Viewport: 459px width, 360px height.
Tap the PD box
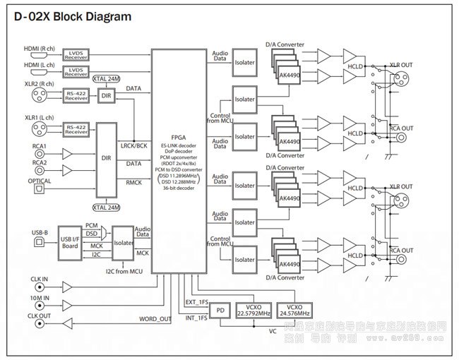pyautogui.click(x=221, y=310)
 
